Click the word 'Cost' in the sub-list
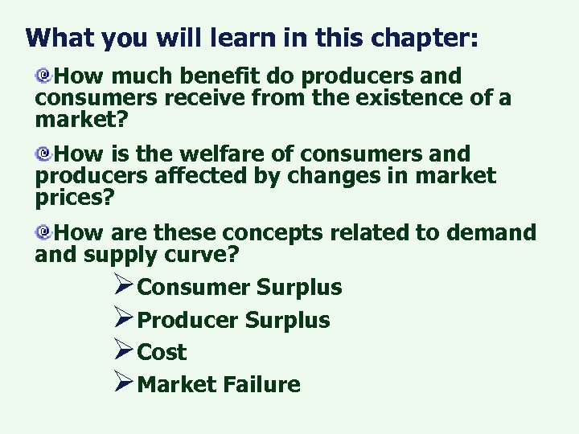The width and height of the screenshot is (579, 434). click(162, 352)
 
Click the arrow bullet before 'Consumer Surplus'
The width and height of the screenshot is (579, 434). click(123, 286)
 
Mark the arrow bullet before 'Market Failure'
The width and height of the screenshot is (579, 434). click(123, 383)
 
